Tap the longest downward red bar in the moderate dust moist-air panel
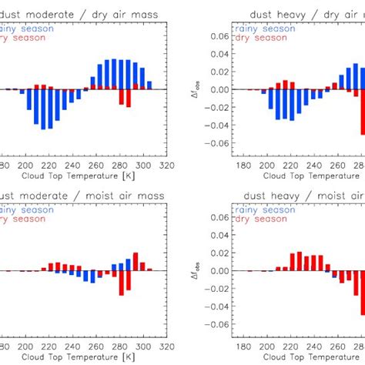122,283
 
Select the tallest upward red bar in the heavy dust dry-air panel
285,84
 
